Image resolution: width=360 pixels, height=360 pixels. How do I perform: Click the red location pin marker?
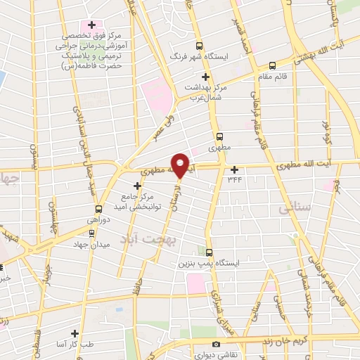pyautogui.click(x=181, y=165)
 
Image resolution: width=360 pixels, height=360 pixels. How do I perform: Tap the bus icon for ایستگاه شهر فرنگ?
pyautogui.click(x=199, y=42)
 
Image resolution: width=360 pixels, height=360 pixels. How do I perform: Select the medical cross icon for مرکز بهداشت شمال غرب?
pyautogui.click(x=205, y=77)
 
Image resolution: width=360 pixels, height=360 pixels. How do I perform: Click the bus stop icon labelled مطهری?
pyautogui.click(x=220, y=137)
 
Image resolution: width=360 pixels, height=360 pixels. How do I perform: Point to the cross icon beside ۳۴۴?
pyautogui.click(x=235, y=169)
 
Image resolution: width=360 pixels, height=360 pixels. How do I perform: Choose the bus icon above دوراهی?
pyautogui.click(x=98, y=209)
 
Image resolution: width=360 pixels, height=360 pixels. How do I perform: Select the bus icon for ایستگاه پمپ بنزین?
pyautogui.click(x=209, y=251)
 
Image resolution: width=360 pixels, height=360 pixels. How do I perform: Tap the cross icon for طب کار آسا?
pyautogui.click(x=75, y=333)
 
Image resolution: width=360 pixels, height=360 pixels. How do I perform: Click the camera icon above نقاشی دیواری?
pyautogui.click(x=216, y=344)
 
